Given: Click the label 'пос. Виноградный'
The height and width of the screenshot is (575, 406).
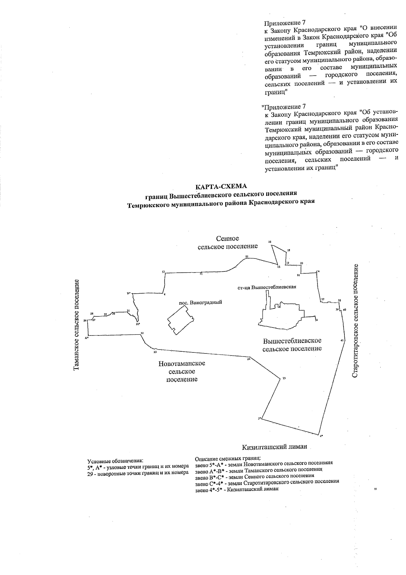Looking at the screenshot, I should tap(200, 303).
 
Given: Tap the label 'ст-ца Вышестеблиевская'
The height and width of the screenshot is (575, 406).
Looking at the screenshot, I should tap(267, 287).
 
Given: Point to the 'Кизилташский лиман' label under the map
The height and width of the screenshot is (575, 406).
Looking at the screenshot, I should tap(274, 447).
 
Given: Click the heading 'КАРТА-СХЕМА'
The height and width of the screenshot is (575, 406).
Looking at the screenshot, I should tap(222, 186).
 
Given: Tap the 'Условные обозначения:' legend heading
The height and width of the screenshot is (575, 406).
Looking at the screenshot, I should tap(115, 461).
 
